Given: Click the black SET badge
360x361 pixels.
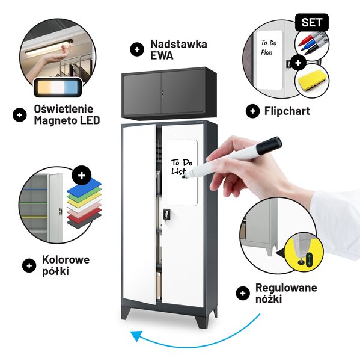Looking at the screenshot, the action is (312, 22).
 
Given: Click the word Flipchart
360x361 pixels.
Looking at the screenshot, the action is (287, 111).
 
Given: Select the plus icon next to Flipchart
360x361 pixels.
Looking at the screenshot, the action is (253, 111).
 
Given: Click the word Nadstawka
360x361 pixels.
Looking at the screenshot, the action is (178, 44).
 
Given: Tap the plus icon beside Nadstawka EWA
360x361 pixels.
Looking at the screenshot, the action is (137, 49).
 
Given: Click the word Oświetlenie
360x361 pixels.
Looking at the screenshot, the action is (64, 109).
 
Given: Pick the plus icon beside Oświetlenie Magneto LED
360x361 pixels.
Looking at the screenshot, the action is (20, 115).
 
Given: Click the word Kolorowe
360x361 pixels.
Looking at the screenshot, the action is (66, 259).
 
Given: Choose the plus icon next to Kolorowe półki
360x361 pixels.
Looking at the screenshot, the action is (29, 266).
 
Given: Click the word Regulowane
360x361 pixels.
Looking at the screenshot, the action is (286, 288).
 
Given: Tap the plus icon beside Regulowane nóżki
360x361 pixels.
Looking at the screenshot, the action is (243, 294).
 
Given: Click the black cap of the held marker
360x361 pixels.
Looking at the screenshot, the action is (269, 146).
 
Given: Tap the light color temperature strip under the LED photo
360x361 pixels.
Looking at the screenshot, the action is (58, 87).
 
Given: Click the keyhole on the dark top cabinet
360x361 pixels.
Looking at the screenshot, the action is (162, 93).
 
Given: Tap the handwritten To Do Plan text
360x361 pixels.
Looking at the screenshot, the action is (269, 47).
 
